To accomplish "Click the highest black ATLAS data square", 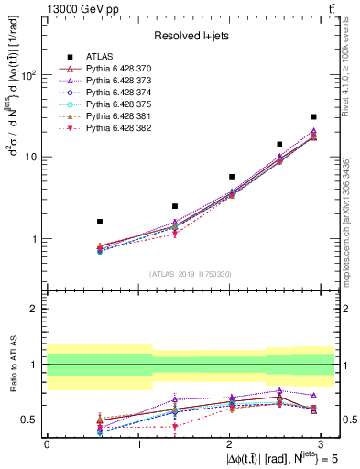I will point(313,117).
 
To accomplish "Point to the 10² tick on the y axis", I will point(29,76).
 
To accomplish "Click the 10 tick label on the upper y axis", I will point(31,158).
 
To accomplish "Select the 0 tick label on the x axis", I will point(47,443).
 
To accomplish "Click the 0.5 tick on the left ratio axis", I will point(29,420).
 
